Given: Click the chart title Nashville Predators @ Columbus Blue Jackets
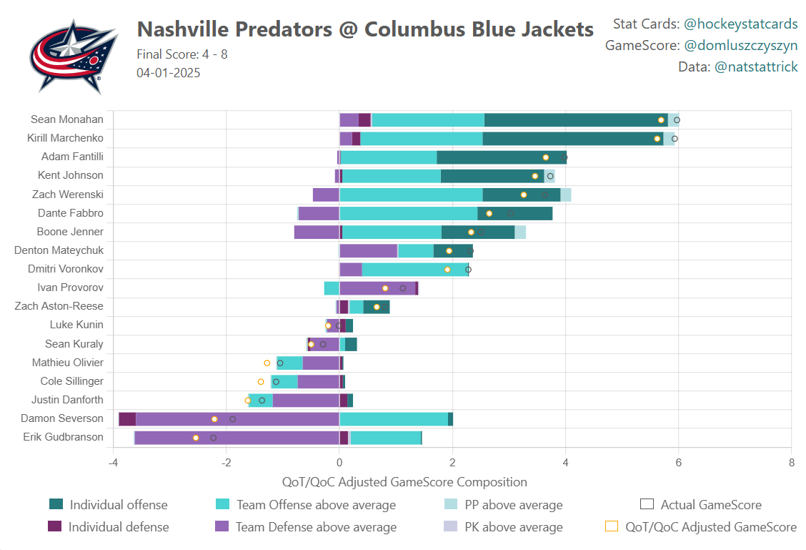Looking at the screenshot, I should [365, 29].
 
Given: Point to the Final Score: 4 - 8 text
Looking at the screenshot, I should [182, 54].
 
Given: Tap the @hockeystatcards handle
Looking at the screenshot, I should [740, 24].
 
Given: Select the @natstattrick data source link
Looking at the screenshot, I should [755, 67].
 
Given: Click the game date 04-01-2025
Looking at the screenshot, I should [169, 72].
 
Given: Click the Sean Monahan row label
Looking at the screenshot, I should [67, 119].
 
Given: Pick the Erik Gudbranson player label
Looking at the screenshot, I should [63, 437].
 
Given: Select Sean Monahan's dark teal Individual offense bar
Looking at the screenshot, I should [575, 120].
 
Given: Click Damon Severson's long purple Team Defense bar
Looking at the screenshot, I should [237, 419].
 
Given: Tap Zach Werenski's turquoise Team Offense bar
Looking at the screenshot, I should [411, 195].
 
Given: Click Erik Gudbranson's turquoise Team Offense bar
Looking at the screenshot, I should [385, 438].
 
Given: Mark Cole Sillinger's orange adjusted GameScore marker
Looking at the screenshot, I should [261, 382].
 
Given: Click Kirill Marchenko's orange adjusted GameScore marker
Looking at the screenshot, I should [657, 139].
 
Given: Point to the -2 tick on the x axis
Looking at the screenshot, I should [227, 462].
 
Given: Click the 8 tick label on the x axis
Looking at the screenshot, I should [791, 462].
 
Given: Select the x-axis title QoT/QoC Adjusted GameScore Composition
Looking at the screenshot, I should [404, 482].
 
